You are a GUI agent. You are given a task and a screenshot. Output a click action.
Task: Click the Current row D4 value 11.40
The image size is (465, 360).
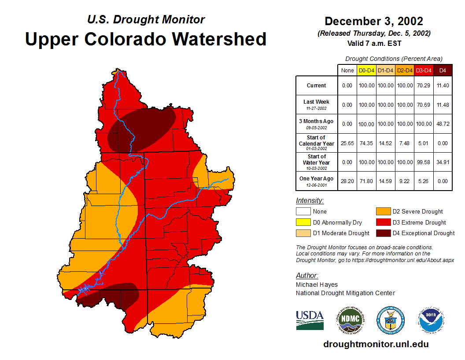point(443,86)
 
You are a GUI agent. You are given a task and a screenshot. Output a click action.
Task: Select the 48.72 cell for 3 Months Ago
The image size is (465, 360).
point(443,124)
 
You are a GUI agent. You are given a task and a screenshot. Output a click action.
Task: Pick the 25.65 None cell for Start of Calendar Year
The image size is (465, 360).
point(347,143)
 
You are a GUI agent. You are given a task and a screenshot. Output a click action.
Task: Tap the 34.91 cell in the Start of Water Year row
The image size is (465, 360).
point(443,162)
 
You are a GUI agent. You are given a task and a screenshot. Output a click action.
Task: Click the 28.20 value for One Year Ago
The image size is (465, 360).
point(347,181)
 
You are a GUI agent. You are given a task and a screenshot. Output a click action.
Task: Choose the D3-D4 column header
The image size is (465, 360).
point(424,71)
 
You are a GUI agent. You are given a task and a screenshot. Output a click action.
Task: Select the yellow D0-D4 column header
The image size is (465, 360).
point(366,71)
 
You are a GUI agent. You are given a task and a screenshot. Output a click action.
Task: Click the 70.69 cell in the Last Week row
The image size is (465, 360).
point(424,105)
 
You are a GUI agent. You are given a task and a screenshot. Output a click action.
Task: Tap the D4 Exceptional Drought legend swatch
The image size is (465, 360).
point(383,233)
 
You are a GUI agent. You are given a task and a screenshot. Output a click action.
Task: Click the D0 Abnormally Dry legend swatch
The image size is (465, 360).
point(303,222)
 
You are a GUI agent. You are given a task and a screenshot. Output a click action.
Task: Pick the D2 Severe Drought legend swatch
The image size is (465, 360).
point(383,212)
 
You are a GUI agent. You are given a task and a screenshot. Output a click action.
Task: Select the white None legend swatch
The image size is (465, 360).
point(303,212)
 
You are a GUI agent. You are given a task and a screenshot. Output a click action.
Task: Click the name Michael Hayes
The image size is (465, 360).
point(317,285)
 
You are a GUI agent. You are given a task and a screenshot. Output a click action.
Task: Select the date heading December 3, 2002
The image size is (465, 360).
point(374,21)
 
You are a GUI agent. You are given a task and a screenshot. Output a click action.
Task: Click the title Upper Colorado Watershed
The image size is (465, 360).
point(146,39)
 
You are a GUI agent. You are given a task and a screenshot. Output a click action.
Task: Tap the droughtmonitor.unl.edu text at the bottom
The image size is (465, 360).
point(376,344)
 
